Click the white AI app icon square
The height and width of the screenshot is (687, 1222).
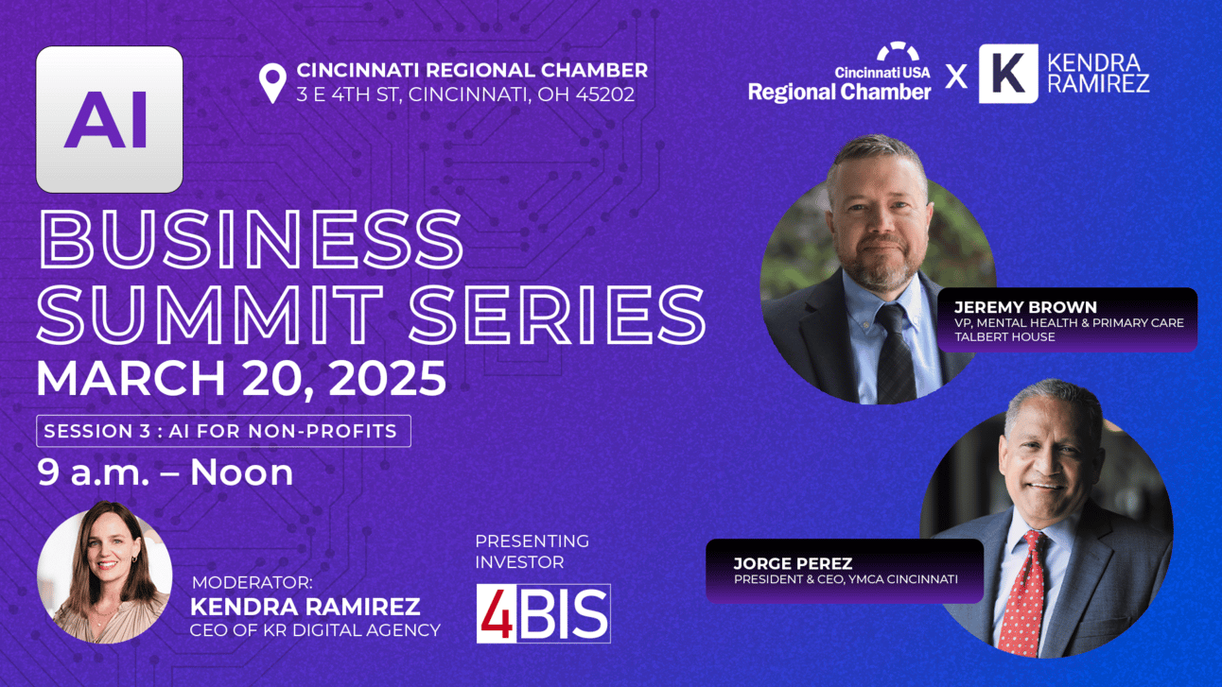click(109, 119)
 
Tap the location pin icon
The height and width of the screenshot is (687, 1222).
click(272, 83)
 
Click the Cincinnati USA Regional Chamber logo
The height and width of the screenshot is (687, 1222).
click(839, 72)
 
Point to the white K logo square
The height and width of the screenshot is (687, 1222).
click(1008, 74)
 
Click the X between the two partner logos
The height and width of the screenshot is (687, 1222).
click(956, 76)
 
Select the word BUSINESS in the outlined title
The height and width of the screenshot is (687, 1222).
click(251, 239)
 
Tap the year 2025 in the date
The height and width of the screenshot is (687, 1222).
click(388, 378)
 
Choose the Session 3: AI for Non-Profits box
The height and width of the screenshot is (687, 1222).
click(223, 431)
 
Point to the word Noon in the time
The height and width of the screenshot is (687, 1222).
click(242, 472)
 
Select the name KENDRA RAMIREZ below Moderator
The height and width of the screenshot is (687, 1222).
click(305, 607)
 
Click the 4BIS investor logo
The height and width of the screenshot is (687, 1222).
click(543, 613)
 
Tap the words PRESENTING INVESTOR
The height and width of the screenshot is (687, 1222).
click(532, 551)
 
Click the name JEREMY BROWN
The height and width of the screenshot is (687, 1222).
click(1025, 307)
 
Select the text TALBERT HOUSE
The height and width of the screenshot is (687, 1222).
click(1004, 337)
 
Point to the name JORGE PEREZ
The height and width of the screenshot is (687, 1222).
click(793, 563)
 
